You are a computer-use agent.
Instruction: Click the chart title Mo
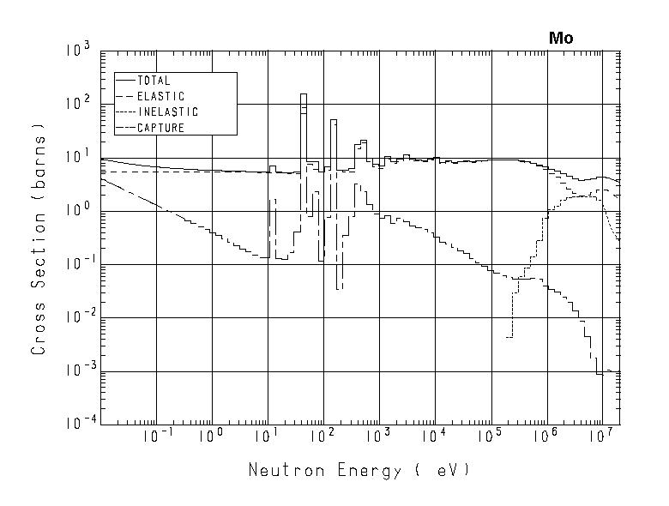click(x=561, y=39)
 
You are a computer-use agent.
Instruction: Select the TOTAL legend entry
click(x=154, y=81)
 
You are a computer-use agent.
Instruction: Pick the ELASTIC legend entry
click(x=160, y=96)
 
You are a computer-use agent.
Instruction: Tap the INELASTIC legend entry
click(x=167, y=112)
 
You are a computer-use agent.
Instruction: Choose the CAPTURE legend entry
click(x=160, y=128)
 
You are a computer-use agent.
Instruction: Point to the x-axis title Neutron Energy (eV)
click(x=359, y=471)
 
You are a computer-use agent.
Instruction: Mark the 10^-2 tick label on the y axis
click(x=75, y=318)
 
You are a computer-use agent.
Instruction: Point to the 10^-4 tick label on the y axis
click(x=75, y=425)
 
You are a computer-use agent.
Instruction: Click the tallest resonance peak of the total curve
click(x=304, y=94)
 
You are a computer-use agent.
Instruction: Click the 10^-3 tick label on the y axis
click(x=75, y=371)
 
